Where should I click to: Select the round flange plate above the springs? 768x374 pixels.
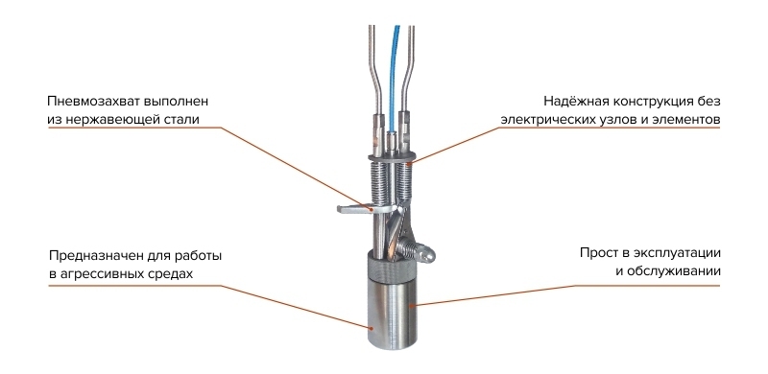[392, 157]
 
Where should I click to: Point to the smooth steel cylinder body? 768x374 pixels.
[392, 314]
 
